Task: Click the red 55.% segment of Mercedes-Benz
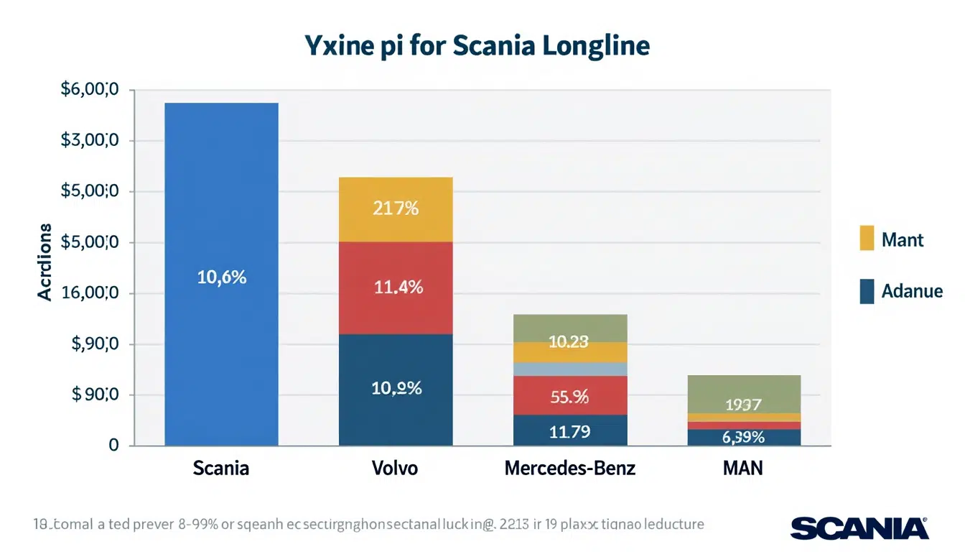pyautogui.click(x=570, y=395)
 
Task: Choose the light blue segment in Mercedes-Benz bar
pyautogui.click(x=570, y=369)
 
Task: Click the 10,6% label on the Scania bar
pyautogui.click(x=221, y=277)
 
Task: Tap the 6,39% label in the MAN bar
pyautogui.click(x=744, y=437)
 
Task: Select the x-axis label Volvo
pyautogui.click(x=395, y=469)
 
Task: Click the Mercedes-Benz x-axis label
pyautogui.click(x=570, y=469)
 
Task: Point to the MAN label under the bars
pyautogui.click(x=743, y=469)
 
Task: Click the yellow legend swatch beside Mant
pyautogui.click(x=867, y=239)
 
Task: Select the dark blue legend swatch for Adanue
pyautogui.click(x=867, y=291)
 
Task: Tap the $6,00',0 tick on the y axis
pyautogui.click(x=90, y=91)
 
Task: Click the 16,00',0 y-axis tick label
pyautogui.click(x=90, y=293)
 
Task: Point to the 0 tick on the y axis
pyautogui.click(x=113, y=446)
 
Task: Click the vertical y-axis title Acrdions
pyautogui.click(x=45, y=262)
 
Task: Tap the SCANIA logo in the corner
pyautogui.click(x=859, y=528)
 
